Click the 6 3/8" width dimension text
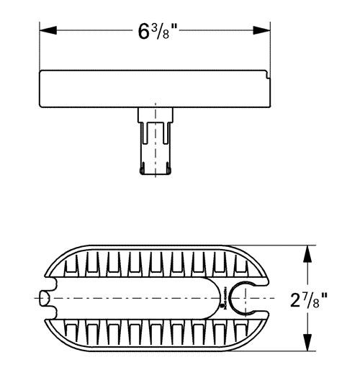tap(157, 32)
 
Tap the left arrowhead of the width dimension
tap(45, 31)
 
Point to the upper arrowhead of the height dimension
tap(310, 251)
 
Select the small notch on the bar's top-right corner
tap(268, 72)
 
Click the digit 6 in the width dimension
tap(143, 32)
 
